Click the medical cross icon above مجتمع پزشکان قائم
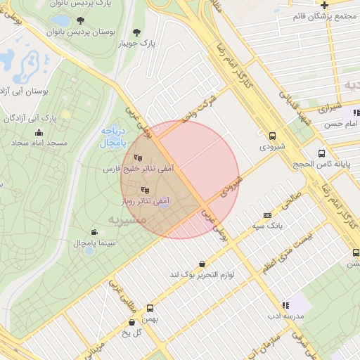[x=324, y=5]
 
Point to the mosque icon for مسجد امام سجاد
[x=38, y=132]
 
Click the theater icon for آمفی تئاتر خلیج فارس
[x=138, y=158]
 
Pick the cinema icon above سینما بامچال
[x=94, y=232]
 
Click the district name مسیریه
[x=127, y=219]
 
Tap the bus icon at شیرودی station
[x=273, y=136]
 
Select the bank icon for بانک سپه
[x=267, y=215]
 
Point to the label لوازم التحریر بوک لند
[x=202, y=274]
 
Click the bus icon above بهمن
[x=150, y=308]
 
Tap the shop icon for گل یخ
[x=131, y=323]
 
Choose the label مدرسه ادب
[x=285, y=316]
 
